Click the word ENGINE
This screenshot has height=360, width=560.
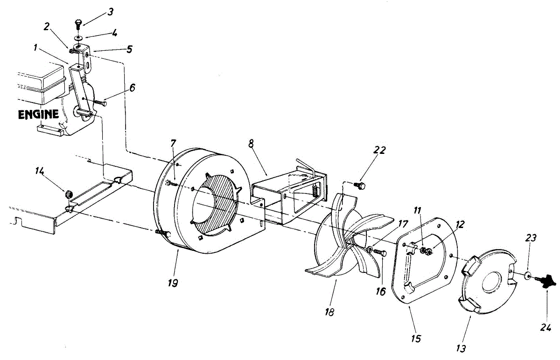point(39,114)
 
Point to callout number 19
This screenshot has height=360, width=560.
point(173,283)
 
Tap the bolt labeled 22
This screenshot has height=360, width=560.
point(360,186)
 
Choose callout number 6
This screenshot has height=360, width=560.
point(133,87)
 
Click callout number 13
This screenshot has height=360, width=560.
point(461,347)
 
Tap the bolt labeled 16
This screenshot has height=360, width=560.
point(380,253)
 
